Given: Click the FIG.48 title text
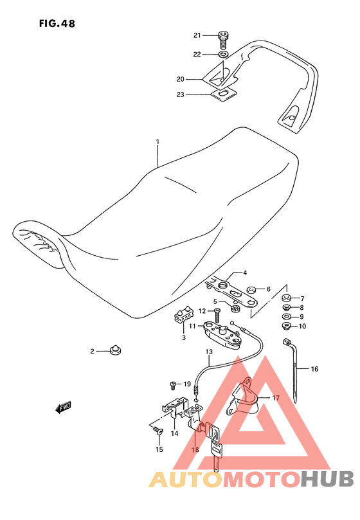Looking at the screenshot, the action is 57,24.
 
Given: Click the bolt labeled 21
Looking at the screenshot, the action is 222,39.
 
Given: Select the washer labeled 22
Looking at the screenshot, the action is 223,54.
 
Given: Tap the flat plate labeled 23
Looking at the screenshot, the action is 224,94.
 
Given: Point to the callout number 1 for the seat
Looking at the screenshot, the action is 158,141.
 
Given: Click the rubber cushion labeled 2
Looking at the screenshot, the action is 115,349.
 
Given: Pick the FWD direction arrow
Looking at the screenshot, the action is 63,408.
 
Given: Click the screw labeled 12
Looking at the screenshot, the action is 217,315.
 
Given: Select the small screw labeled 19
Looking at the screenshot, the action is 173,386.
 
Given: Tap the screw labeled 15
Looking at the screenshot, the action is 158,431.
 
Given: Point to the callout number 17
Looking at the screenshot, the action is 276,398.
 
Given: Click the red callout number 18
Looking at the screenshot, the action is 195,450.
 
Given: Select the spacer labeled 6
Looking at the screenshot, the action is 251,291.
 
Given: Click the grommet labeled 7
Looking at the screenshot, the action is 287,297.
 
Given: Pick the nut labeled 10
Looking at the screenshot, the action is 286,326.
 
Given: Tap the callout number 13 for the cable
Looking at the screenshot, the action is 209,352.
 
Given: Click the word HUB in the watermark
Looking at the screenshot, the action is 327,480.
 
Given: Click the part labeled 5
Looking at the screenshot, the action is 235,308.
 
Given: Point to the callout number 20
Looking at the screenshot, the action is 180,79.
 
